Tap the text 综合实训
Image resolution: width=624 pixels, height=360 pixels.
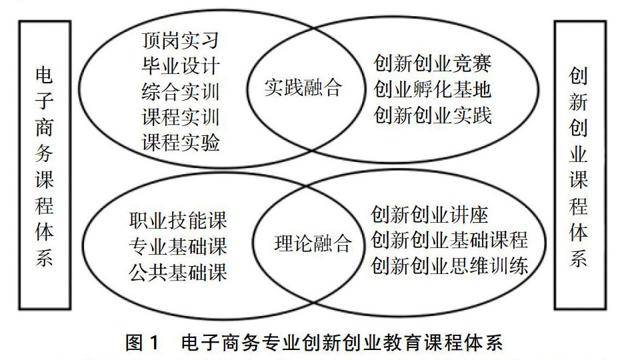180,91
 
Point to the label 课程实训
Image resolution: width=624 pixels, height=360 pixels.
180,117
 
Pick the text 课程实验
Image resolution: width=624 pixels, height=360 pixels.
180,142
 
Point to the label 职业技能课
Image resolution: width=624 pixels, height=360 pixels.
178,221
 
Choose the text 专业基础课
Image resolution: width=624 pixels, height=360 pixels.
178,246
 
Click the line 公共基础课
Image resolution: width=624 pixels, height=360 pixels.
178,271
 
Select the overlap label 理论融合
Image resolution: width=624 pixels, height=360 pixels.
312,243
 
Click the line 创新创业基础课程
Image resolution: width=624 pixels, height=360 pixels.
449,241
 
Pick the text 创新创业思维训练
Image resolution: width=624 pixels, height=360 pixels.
449,266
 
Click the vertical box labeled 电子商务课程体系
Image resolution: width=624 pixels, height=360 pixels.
45,165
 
